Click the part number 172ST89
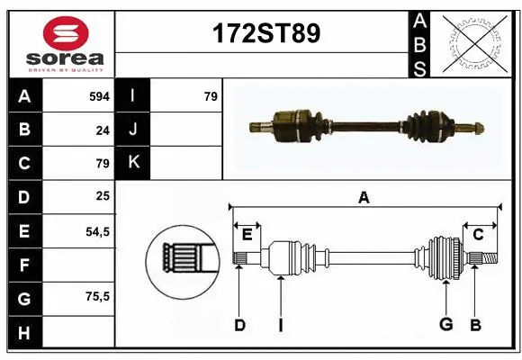[x=265, y=34]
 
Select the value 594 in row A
[x=98, y=95]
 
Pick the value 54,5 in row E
[x=97, y=231]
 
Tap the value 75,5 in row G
[x=97, y=296]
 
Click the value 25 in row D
[x=102, y=195]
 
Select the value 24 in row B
[x=102, y=130]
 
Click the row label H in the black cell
[x=24, y=333]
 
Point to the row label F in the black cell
[x=24, y=265]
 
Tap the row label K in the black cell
[x=133, y=163]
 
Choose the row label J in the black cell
[x=133, y=130]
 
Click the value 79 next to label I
[x=211, y=95]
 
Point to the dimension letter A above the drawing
[x=364, y=197]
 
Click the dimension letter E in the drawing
[x=247, y=235]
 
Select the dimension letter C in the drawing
[x=478, y=235]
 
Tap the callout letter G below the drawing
[x=445, y=325]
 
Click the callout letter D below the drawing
[x=239, y=325]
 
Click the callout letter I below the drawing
[x=280, y=325]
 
